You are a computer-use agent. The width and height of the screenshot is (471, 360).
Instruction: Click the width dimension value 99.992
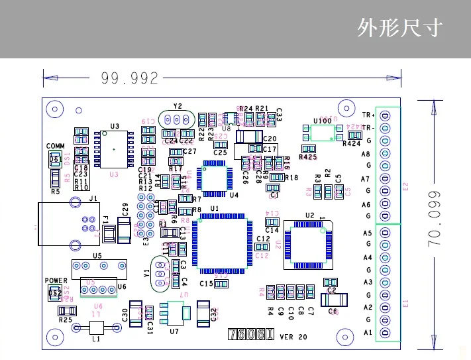pos(129,79)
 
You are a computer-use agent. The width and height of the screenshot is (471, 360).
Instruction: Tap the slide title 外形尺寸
pos(399,29)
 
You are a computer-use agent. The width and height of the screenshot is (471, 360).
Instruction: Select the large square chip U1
pos(222,242)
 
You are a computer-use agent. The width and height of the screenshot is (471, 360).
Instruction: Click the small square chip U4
pos(217,176)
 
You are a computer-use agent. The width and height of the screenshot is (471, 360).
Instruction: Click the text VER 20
pos(293,337)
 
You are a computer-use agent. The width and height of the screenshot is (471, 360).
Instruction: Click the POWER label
pos(56,281)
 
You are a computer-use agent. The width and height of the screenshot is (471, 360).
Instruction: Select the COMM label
pos(56,146)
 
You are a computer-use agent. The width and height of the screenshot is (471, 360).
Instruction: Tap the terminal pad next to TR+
pos(385,115)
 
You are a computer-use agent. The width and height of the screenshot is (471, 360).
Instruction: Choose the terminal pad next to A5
pos(385,233)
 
